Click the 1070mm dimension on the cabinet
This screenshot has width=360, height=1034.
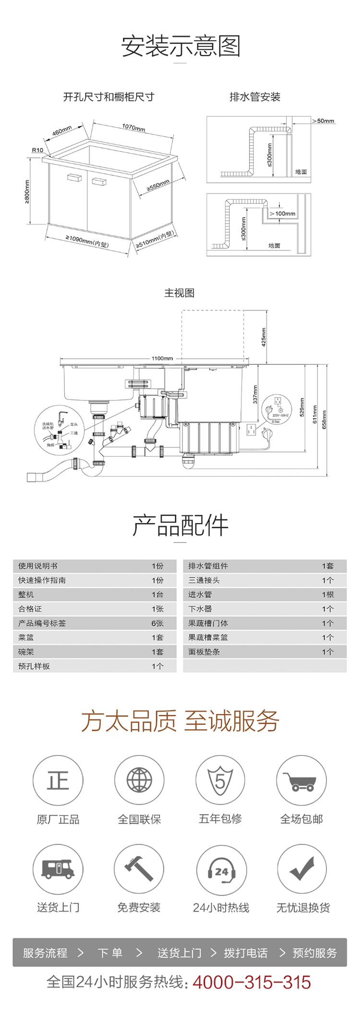(x=133, y=128)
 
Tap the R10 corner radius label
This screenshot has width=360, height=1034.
(x=37, y=150)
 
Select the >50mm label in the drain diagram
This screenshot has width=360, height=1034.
(x=324, y=121)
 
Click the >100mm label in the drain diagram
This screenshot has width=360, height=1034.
(x=283, y=214)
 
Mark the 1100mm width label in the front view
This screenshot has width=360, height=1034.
(x=162, y=358)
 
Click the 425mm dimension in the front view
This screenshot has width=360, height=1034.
(x=264, y=337)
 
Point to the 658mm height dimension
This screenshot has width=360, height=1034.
(x=324, y=420)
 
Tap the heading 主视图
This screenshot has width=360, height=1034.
(x=180, y=293)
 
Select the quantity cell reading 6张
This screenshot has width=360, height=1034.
(x=157, y=623)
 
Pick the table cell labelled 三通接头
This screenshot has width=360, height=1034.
(x=204, y=580)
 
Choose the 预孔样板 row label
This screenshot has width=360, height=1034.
(x=34, y=666)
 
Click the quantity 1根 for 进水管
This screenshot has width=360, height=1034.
(x=328, y=595)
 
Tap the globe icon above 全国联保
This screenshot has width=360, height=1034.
(x=139, y=780)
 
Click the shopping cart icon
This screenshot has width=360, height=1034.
(x=301, y=781)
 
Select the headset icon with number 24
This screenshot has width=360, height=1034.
(x=221, y=869)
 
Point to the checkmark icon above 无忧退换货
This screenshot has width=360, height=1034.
(x=302, y=869)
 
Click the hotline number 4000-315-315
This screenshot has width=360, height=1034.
(x=252, y=982)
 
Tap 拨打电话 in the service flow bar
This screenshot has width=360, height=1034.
(x=246, y=953)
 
